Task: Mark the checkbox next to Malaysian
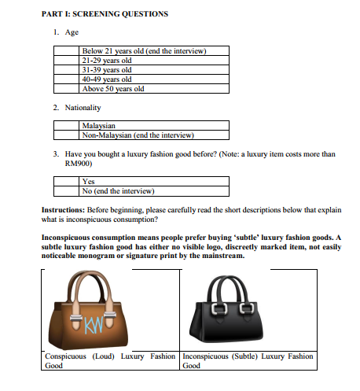66,125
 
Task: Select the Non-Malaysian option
66,135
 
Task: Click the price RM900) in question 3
79,164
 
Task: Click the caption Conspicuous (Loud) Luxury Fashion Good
109,360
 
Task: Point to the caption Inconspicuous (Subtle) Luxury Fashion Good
247,360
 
